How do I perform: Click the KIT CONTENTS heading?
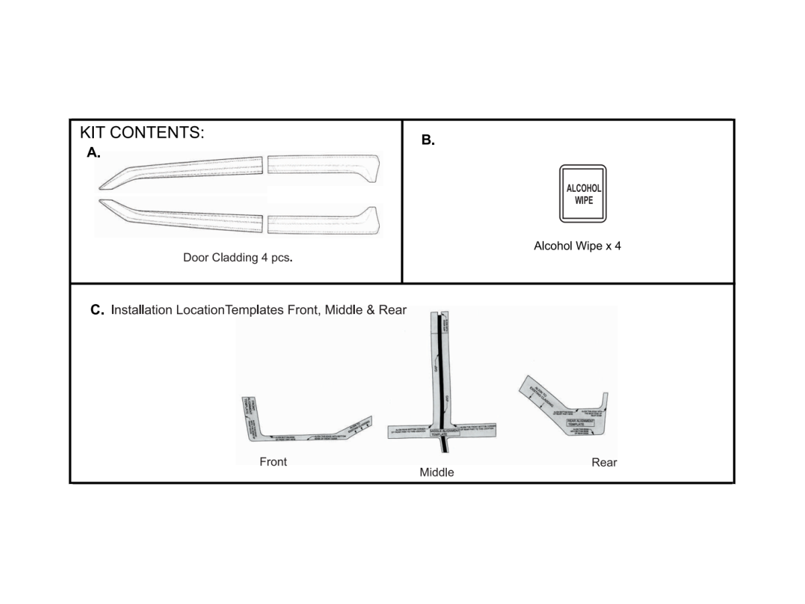coord(142,132)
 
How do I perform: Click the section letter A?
coord(93,152)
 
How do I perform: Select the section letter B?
coord(428,140)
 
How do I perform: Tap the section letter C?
coord(97,310)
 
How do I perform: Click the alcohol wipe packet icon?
coord(583,193)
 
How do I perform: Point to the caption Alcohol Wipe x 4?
coord(577,246)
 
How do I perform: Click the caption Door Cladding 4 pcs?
coord(237,257)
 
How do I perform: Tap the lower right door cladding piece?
coord(323,221)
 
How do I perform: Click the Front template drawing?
coord(295,430)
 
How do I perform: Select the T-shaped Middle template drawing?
coord(443,403)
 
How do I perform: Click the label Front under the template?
coord(273,462)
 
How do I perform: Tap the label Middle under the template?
coord(437,472)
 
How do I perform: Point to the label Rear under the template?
coord(604,462)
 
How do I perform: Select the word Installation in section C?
coord(142,310)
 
